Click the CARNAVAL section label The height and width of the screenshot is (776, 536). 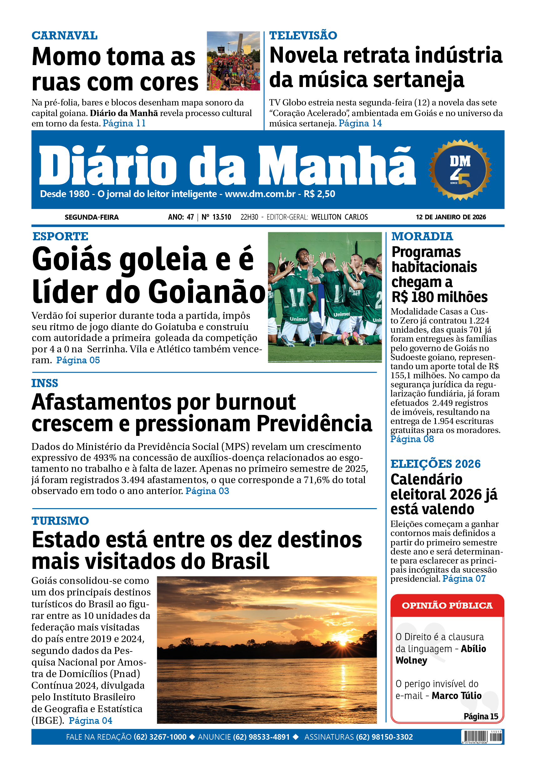(x=64, y=35)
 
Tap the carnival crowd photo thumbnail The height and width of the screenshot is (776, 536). (x=233, y=61)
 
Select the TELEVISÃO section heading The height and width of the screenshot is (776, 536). (x=303, y=35)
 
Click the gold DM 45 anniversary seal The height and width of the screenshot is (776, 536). (x=460, y=170)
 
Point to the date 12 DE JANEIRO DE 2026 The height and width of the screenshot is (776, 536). (x=451, y=217)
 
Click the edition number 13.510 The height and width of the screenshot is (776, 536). (x=221, y=217)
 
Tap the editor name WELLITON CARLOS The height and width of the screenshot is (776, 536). (x=339, y=217)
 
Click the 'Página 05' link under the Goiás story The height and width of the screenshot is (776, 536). (x=78, y=360)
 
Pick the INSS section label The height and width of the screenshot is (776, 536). (x=45, y=383)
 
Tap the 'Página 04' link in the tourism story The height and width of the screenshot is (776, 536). (x=90, y=721)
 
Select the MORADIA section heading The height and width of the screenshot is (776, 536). (x=422, y=236)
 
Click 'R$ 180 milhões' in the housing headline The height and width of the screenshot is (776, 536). (x=439, y=297)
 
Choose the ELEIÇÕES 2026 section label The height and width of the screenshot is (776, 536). (x=435, y=464)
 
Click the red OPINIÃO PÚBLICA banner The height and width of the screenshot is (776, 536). (x=447, y=605)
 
